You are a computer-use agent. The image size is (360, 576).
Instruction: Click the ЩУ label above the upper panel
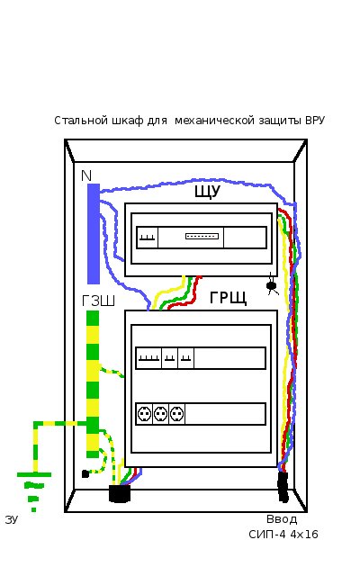click(x=207, y=192)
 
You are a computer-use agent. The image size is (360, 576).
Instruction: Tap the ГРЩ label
click(x=228, y=298)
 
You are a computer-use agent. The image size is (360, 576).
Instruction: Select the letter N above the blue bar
click(x=86, y=176)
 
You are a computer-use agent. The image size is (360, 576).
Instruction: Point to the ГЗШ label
click(x=98, y=301)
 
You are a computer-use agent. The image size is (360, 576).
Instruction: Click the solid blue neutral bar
click(x=94, y=234)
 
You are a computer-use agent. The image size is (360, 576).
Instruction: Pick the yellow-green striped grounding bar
click(x=93, y=384)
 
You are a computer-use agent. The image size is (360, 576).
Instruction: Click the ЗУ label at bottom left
click(x=12, y=519)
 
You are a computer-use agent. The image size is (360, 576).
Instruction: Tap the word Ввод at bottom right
click(x=282, y=519)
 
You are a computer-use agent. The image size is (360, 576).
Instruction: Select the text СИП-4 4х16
click(x=283, y=534)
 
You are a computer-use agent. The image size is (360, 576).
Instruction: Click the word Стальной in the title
click(x=81, y=121)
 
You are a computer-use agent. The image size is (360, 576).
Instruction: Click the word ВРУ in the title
click(x=315, y=121)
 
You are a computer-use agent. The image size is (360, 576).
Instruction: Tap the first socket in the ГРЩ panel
click(x=144, y=414)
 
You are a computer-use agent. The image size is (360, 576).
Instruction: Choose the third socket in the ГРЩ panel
click(x=176, y=414)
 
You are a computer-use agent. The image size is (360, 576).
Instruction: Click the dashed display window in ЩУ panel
click(x=202, y=236)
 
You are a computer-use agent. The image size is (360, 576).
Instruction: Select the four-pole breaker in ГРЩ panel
click(x=148, y=358)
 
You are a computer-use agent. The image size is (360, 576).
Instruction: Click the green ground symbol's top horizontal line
click(x=34, y=474)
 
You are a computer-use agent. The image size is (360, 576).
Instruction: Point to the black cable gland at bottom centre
click(x=120, y=494)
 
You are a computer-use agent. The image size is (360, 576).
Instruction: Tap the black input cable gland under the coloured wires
click(x=283, y=487)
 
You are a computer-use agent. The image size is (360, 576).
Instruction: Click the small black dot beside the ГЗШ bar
click(x=85, y=474)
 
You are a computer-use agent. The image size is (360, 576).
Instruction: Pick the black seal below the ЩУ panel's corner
click(x=272, y=285)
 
